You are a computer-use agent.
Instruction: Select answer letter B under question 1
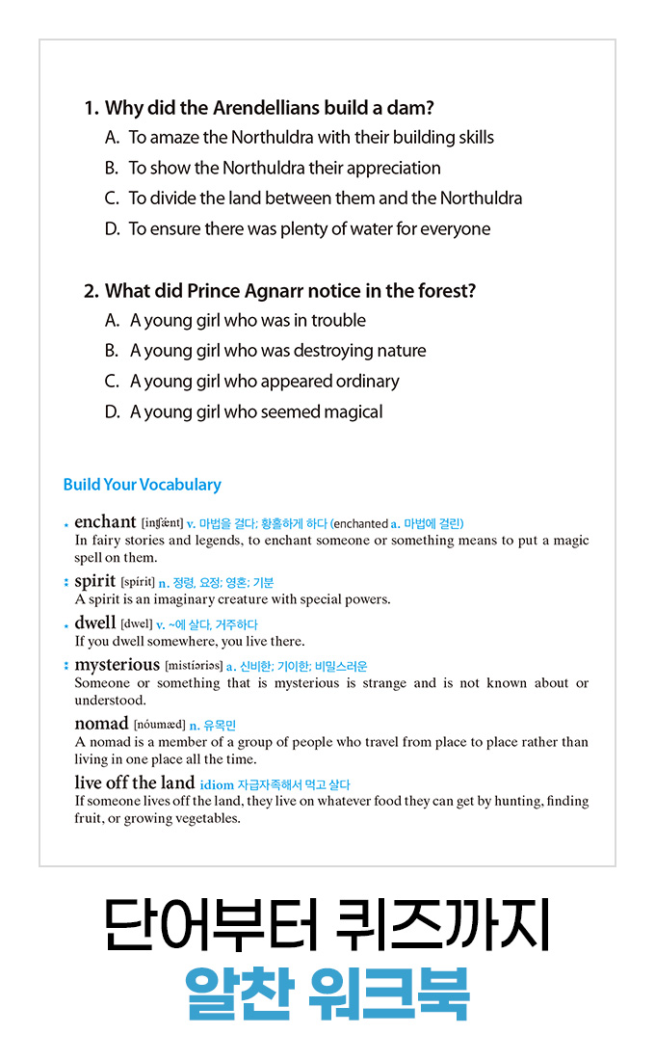pos(112,168)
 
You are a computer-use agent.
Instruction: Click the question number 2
pos(92,290)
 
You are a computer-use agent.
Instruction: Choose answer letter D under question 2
pos(112,411)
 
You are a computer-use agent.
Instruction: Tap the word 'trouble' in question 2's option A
pos(338,320)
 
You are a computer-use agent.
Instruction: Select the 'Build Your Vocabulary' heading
pos(142,485)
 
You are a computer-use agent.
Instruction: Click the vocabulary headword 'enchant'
pos(105,522)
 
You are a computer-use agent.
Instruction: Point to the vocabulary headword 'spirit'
pos(94,581)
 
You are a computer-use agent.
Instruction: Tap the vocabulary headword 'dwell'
pos(94,623)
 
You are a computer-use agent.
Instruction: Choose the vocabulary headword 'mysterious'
pos(117,664)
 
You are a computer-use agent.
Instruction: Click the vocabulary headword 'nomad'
pos(101,723)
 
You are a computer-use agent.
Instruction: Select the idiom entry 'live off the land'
pos(134,782)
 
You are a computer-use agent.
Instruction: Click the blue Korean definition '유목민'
pos(220,725)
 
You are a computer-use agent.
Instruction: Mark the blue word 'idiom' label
pos(216,784)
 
